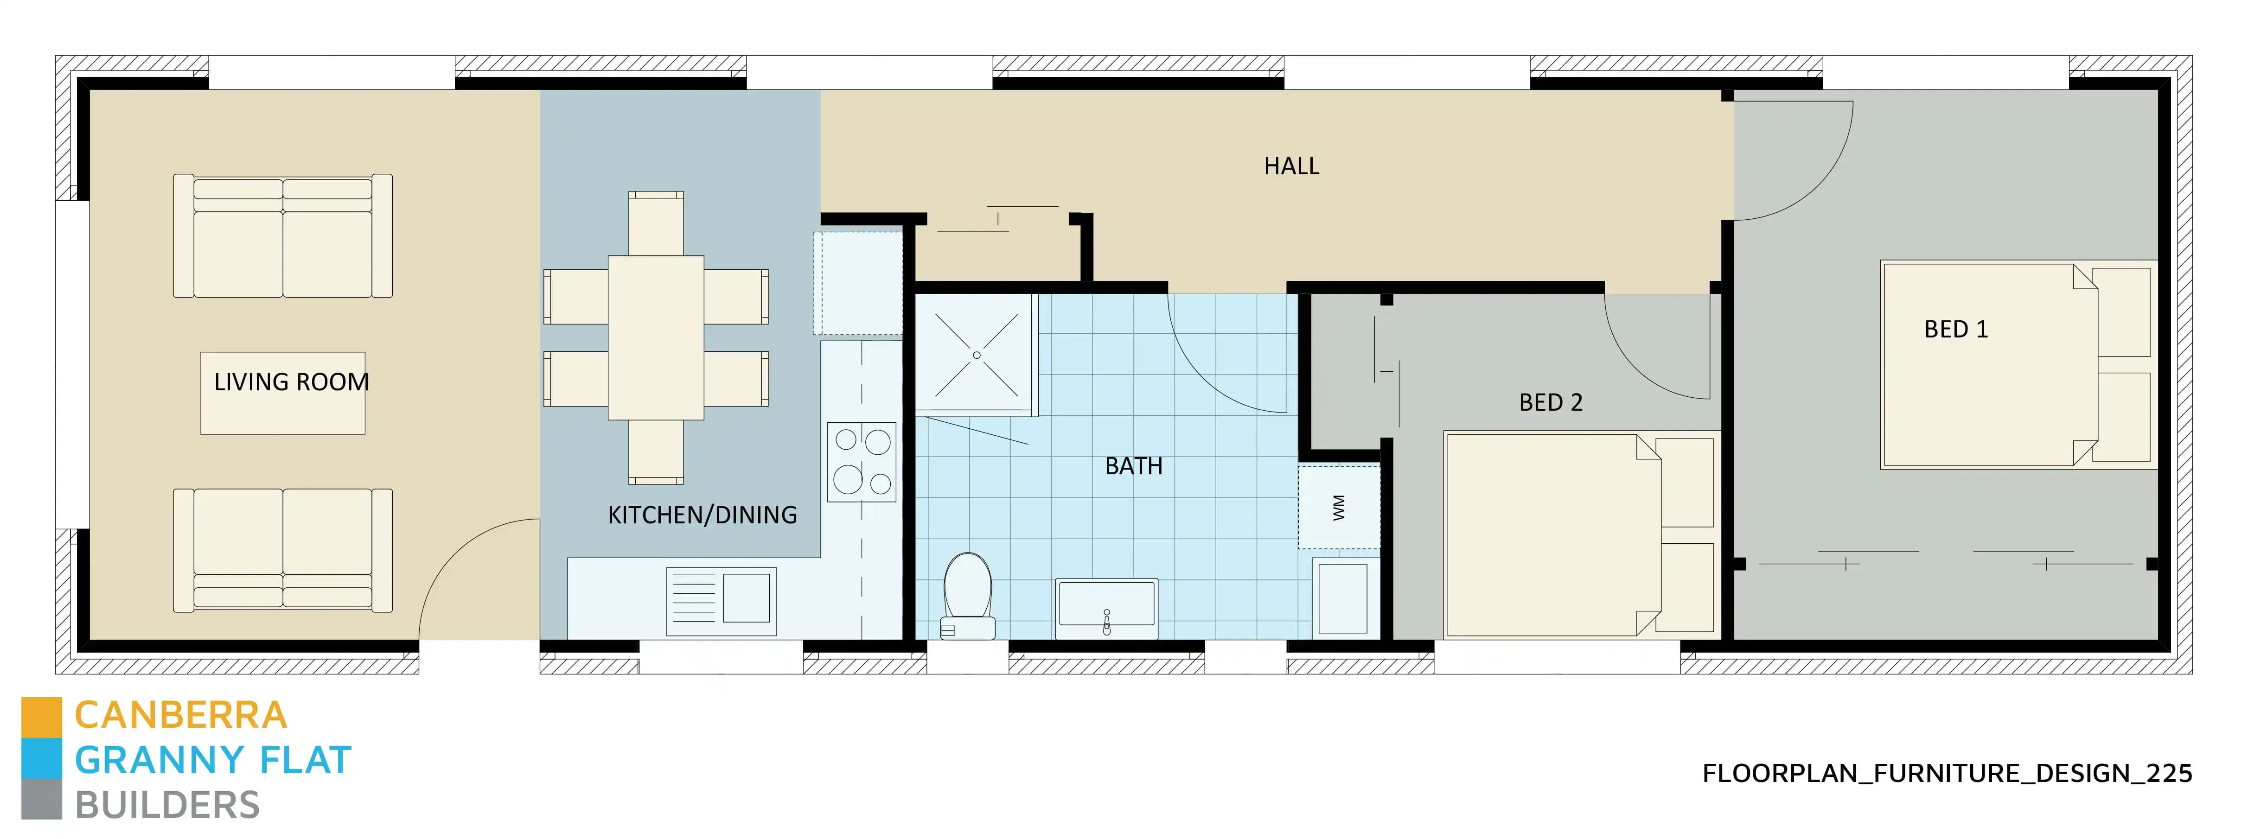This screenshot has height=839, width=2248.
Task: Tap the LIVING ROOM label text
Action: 292,382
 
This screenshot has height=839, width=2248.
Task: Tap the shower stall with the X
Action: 976,354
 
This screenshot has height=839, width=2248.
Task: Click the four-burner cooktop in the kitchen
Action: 862,461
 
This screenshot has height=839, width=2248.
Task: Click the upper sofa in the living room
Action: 283,236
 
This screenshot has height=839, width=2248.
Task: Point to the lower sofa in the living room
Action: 283,549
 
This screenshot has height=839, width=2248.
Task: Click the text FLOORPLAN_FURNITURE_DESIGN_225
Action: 1946,774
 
